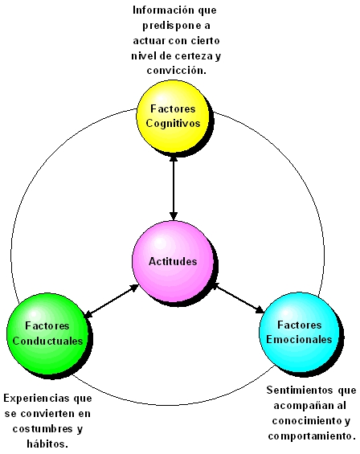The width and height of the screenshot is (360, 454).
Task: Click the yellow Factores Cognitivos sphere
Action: (174, 117)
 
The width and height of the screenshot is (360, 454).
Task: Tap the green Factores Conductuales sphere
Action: (47, 334)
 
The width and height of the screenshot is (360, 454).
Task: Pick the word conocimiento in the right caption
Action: (298, 421)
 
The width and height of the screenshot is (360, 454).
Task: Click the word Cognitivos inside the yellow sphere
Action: (174, 124)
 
